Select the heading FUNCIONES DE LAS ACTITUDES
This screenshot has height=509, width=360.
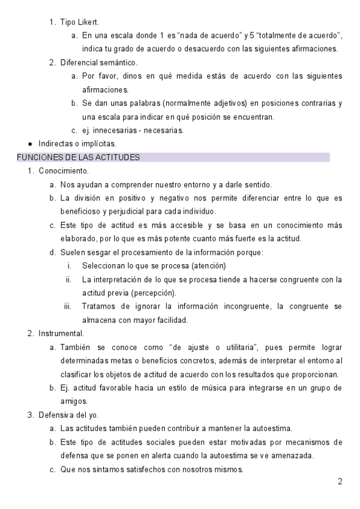click(x=78, y=157)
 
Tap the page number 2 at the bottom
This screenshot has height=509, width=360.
click(x=340, y=481)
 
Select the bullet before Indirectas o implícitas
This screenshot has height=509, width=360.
click(x=30, y=144)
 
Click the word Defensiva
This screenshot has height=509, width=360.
click(x=56, y=414)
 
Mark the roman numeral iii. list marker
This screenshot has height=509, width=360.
click(x=68, y=307)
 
